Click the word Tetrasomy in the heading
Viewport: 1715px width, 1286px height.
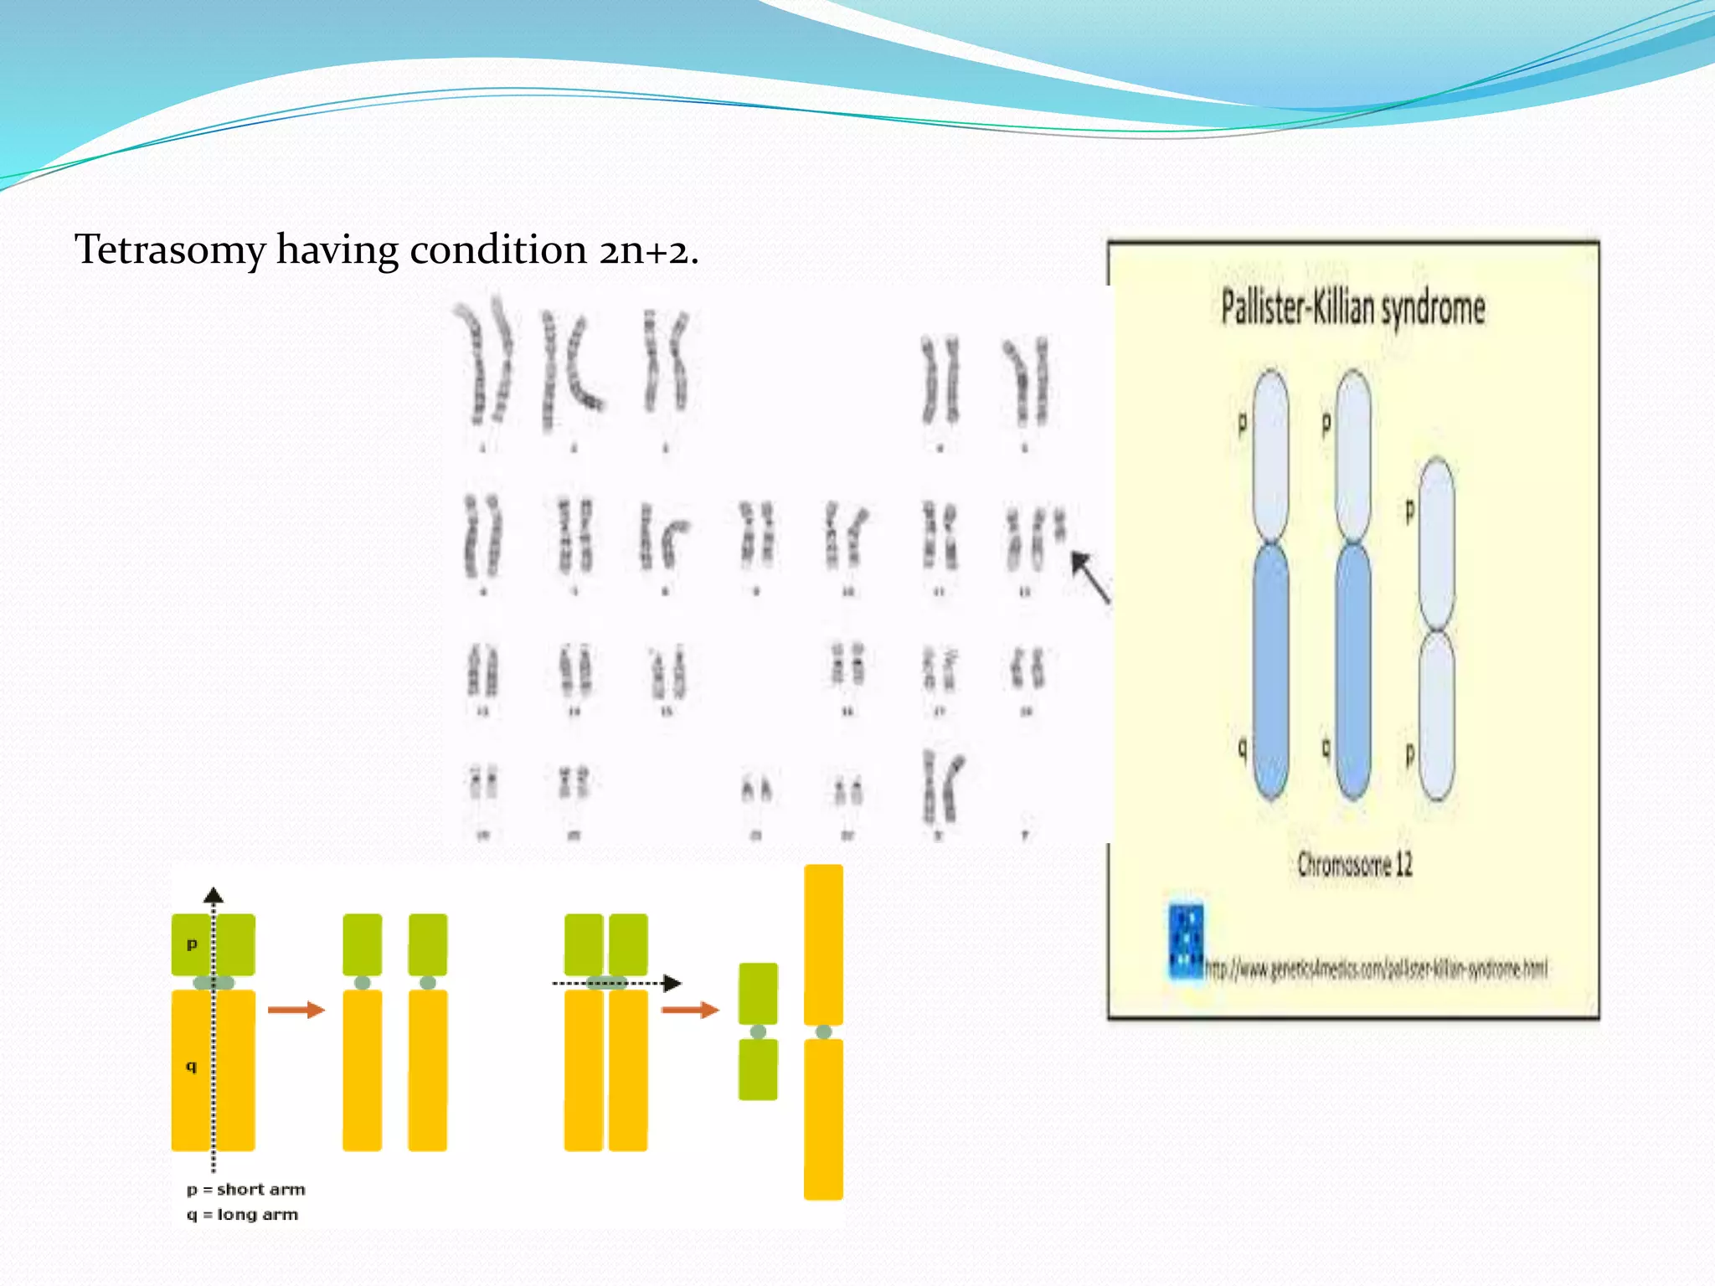tap(170, 250)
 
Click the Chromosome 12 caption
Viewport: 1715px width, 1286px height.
tap(1354, 864)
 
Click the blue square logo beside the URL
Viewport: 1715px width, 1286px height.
tap(1187, 942)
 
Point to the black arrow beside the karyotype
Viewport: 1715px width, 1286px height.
tap(1090, 576)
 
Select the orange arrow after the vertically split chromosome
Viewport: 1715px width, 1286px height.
tap(296, 1010)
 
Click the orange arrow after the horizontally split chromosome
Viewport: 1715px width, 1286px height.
tap(689, 1010)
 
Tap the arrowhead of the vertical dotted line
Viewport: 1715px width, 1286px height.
tap(214, 894)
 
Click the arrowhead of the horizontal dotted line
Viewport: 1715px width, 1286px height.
tap(672, 983)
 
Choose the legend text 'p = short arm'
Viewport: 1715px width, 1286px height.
tap(245, 1190)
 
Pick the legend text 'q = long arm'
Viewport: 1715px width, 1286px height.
tap(242, 1215)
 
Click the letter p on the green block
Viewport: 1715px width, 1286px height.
tap(192, 944)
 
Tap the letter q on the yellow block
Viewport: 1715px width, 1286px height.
tap(191, 1066)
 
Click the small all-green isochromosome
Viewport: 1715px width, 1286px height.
tap(758, 1031)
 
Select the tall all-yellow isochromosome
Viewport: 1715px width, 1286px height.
tap(823, 1031)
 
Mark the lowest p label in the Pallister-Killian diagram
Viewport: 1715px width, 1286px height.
tap(1410, 754)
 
